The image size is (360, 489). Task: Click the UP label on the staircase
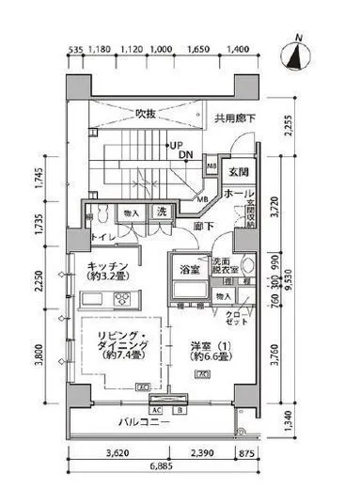click(x=175, y=144)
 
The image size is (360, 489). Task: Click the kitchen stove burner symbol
click(x=123, y=300)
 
